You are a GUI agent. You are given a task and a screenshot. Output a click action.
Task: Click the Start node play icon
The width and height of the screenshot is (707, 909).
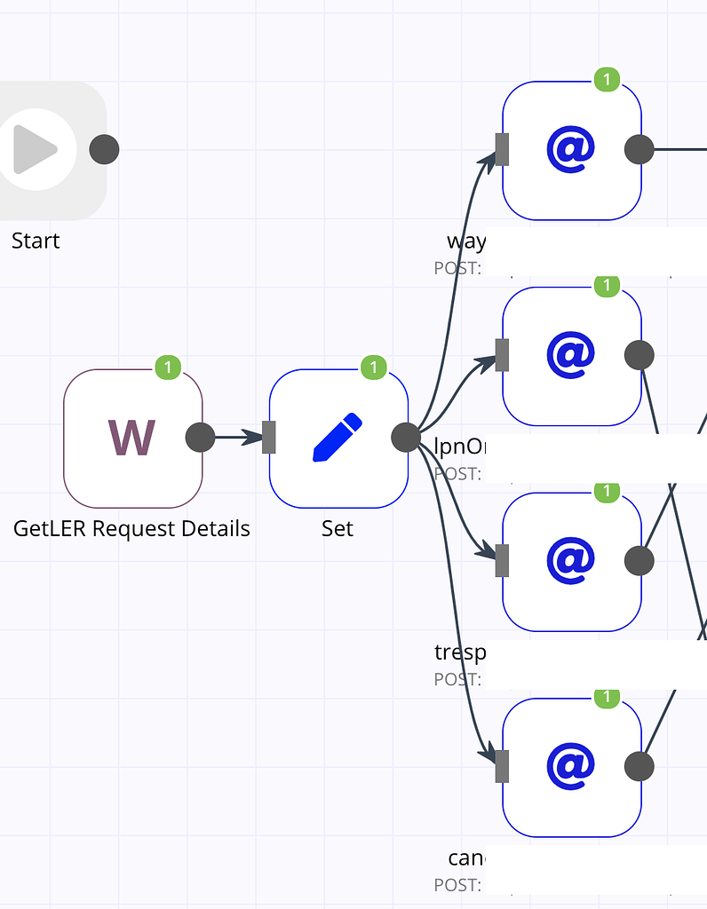pyautogui.click(x=36, y=150)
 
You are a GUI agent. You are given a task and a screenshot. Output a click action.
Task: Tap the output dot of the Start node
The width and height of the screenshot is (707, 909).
pyautogui.click(x=104, y=150)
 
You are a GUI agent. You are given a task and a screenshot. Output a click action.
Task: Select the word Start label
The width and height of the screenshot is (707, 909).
pyautogui.click(x=36, y=241)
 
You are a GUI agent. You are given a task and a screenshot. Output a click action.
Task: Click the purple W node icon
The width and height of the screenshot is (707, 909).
pyautogui.click(x=131, y=438)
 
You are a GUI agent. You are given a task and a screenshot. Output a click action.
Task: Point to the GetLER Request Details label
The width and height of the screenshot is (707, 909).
pyautogui.click(x=131, y=529)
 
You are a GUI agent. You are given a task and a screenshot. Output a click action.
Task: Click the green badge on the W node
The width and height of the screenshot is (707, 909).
pyautogui.click(x=168, y=367)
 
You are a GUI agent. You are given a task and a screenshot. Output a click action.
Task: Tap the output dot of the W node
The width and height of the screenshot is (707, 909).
pyautogui.click(x=200, y=437)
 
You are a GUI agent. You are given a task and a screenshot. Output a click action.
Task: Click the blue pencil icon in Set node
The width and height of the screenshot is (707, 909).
pyautogui.click(x=338, y=438)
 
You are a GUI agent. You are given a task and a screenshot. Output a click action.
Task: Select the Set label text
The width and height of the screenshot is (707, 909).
pyautogui.click(x=338, y=529)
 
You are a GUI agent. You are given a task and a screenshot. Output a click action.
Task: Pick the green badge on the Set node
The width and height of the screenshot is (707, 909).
pyautogui.click(x=374, y=367)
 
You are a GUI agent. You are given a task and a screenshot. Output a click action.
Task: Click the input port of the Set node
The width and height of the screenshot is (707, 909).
pyautogui.click(x=269, y=437)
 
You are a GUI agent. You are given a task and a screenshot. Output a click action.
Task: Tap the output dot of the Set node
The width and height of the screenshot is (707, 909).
pyautogui.click(x=406, y=437)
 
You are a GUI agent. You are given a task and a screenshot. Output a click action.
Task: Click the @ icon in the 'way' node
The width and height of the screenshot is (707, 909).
pyautogui.click(x=571, y=150)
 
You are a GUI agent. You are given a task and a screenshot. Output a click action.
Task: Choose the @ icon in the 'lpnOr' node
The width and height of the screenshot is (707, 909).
pyautogui.click(x=571, y=355)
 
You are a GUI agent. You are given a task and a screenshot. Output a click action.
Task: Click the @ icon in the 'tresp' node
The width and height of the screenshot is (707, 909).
pyautogui.click(x=571, y=561)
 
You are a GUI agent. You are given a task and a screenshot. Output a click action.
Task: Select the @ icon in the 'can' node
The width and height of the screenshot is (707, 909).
pyautogui.click(x=571, y=766)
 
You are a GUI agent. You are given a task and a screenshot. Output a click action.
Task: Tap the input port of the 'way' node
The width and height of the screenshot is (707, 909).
pyautogui.click(x=502, y=150)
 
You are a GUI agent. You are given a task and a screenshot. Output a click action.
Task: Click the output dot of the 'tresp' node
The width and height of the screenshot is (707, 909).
pyautogui.click(x=639, y=561)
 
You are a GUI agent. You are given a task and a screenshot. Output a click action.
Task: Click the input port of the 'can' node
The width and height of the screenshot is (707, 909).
pyautogui.click(x=502, y=766)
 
